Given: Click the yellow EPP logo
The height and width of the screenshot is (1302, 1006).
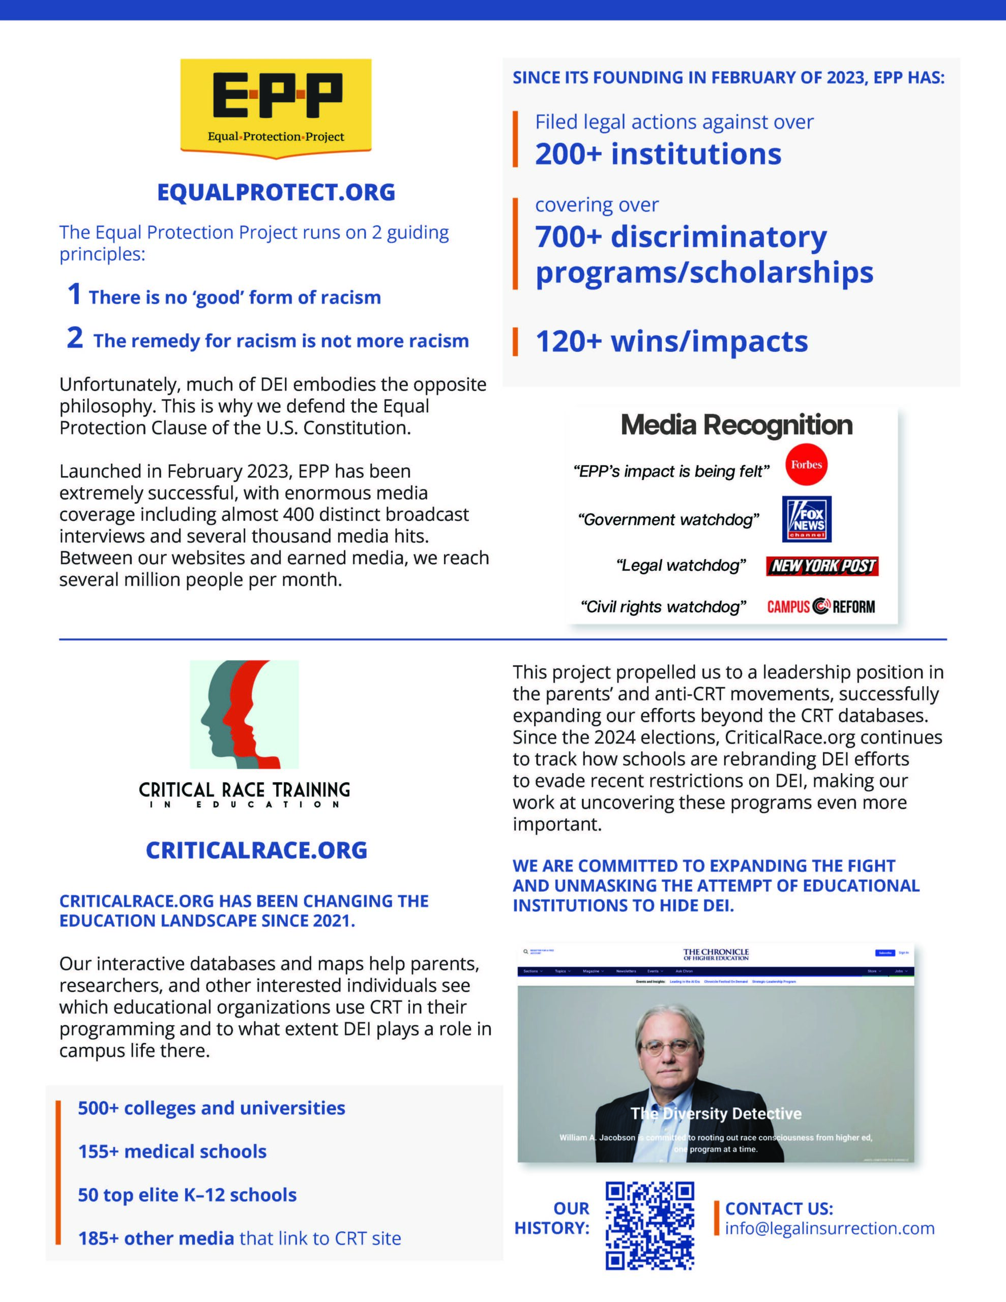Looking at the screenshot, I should (x=276, y=107).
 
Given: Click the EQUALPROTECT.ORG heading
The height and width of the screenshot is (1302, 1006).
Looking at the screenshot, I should (x=276, y=192).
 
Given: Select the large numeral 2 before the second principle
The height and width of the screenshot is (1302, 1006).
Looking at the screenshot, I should (x=75, y=338).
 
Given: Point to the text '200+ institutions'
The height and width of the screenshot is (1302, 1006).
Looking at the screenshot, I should (x=658, y=154).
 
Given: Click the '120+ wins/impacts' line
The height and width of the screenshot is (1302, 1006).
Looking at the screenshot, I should (x=671, y=341).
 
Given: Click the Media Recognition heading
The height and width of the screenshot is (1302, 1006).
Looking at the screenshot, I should (x=736, y=425).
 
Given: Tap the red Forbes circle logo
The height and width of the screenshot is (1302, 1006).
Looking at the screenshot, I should (x=806, y=465).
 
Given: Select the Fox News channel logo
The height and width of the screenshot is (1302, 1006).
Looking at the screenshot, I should (x=806, y=519).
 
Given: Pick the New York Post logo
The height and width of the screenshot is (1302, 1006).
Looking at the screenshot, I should (x=822, y=566).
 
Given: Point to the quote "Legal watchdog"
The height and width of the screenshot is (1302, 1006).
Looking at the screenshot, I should (x=681, y=565).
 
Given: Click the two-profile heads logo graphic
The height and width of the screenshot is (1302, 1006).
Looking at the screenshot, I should (x=244, y=714).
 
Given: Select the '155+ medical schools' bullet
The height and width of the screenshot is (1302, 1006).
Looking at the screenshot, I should (x=172, y=1151).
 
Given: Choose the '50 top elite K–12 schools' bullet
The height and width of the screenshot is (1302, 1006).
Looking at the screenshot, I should (x=187, y=1195).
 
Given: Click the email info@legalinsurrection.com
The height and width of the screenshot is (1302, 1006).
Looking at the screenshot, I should (x=830, y=1228).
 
